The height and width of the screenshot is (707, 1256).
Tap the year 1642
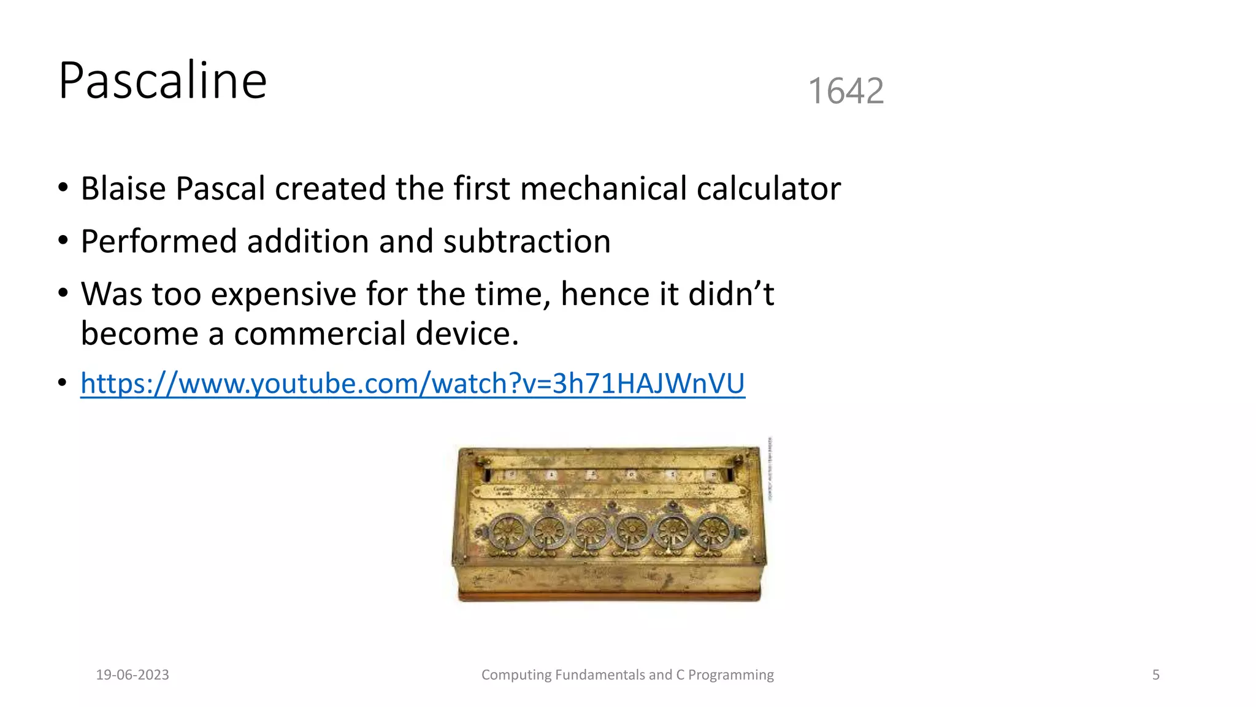(x=846, y=91)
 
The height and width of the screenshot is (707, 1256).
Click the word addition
(x=308, y=241)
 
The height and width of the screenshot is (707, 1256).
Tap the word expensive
(x=283, y=295)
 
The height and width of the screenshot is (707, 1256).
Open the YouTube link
(x=413, y=384)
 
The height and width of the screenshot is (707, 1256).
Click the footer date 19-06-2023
(x=132, y=675)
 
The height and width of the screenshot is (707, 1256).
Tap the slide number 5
(x=1155, y=675)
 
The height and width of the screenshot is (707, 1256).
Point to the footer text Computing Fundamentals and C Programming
(x=627, y=675)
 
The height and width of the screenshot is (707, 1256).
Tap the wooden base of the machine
(x=609, y=594)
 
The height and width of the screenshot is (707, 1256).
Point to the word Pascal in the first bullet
(x=220, y=188)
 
